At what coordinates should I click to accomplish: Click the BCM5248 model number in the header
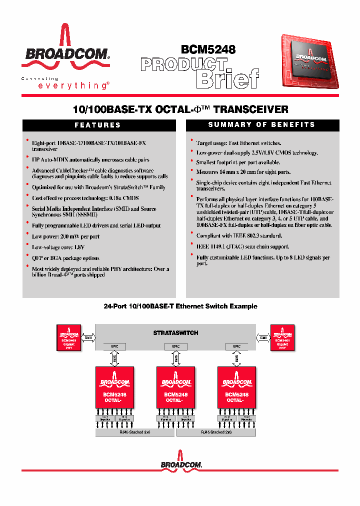tap(208, 49)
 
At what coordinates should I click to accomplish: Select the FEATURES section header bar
tap(97, 125)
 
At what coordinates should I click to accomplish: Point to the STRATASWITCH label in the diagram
tap(175, 332)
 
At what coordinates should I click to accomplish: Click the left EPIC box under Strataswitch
tap(114, 346)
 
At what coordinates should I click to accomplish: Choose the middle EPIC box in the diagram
tap(175, 346)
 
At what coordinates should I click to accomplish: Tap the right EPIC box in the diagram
tap(236, 346)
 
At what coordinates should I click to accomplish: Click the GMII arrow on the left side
tap(88, 337)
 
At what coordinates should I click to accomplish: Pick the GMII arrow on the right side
tap(262, 337)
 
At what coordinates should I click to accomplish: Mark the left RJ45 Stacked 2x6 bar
tap(135, 431)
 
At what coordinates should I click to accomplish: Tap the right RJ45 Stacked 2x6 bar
tap(216, 431)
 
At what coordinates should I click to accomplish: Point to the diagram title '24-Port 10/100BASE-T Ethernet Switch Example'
tap(180, 306)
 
